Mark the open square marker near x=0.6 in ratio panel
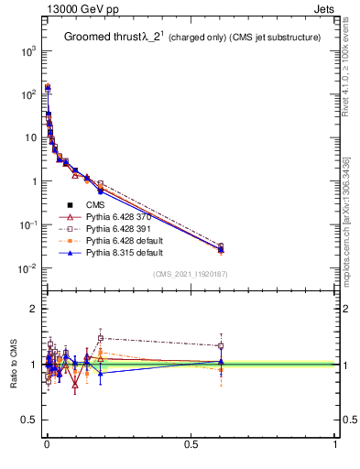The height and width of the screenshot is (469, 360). click(221, 345)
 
